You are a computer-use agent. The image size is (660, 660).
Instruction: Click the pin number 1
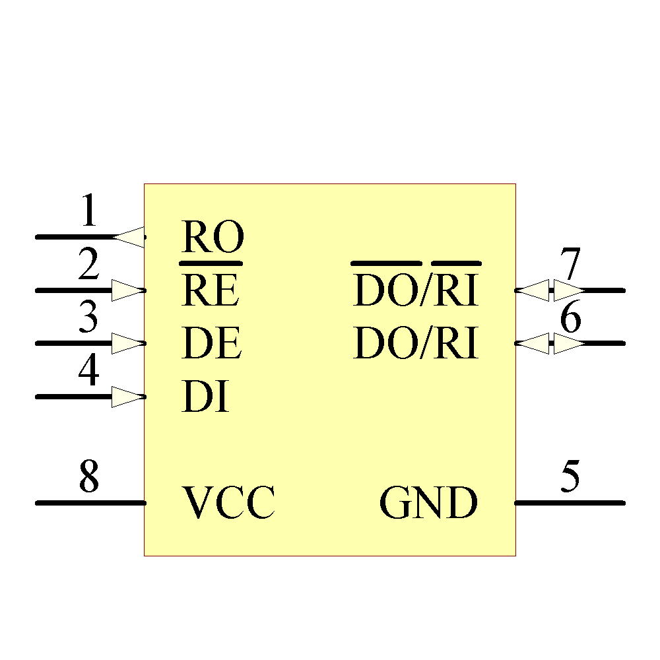88,212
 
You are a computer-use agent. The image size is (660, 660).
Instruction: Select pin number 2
88,265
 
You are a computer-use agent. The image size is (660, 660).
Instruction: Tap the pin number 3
88,318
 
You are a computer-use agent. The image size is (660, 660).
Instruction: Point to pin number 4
88,372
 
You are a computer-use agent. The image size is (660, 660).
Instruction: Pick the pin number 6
570,319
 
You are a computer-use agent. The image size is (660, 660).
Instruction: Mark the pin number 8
88,477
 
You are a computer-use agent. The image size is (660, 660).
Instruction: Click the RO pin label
213,237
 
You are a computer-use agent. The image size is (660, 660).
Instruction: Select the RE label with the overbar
211,290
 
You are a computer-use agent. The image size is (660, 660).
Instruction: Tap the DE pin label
211,343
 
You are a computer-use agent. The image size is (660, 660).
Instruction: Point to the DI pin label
205,397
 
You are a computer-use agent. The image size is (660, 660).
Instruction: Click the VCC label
228,503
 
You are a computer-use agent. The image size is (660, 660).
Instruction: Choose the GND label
428,503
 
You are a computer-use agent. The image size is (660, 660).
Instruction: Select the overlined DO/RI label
416,289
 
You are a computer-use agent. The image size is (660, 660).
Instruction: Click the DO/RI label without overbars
416,343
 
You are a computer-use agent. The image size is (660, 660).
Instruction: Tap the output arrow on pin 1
129,237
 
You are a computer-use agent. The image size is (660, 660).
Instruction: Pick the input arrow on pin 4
128,397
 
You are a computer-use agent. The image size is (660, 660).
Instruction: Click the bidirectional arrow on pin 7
549,290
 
